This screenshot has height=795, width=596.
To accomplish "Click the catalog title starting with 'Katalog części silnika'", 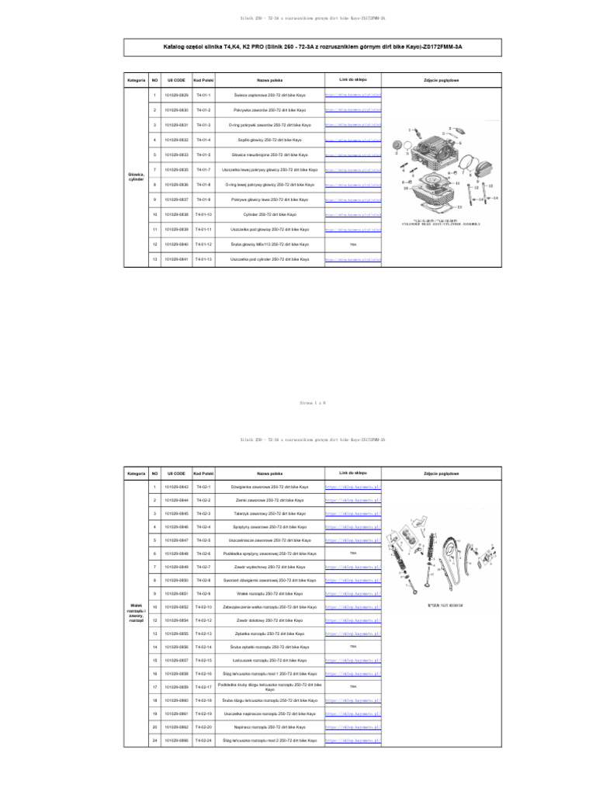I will [297, 46].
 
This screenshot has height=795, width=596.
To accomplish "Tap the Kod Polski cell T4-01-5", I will [203, 154].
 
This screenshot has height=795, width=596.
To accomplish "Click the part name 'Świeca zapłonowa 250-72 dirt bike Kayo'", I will [270, 95].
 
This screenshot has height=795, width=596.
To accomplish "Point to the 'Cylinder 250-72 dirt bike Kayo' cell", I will [270, 214].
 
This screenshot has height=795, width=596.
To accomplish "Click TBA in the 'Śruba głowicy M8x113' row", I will [352, 245].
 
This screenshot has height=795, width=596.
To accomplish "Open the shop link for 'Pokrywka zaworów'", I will [352, 110].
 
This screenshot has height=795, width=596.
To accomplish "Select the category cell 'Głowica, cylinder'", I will [136, 177].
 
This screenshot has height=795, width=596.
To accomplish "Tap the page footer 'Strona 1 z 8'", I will [297, 403].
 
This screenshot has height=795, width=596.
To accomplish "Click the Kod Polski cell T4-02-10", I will [203, 606].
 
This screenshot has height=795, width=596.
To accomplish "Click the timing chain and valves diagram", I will [449, 559].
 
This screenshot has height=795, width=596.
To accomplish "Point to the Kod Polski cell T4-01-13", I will [203, 259].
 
